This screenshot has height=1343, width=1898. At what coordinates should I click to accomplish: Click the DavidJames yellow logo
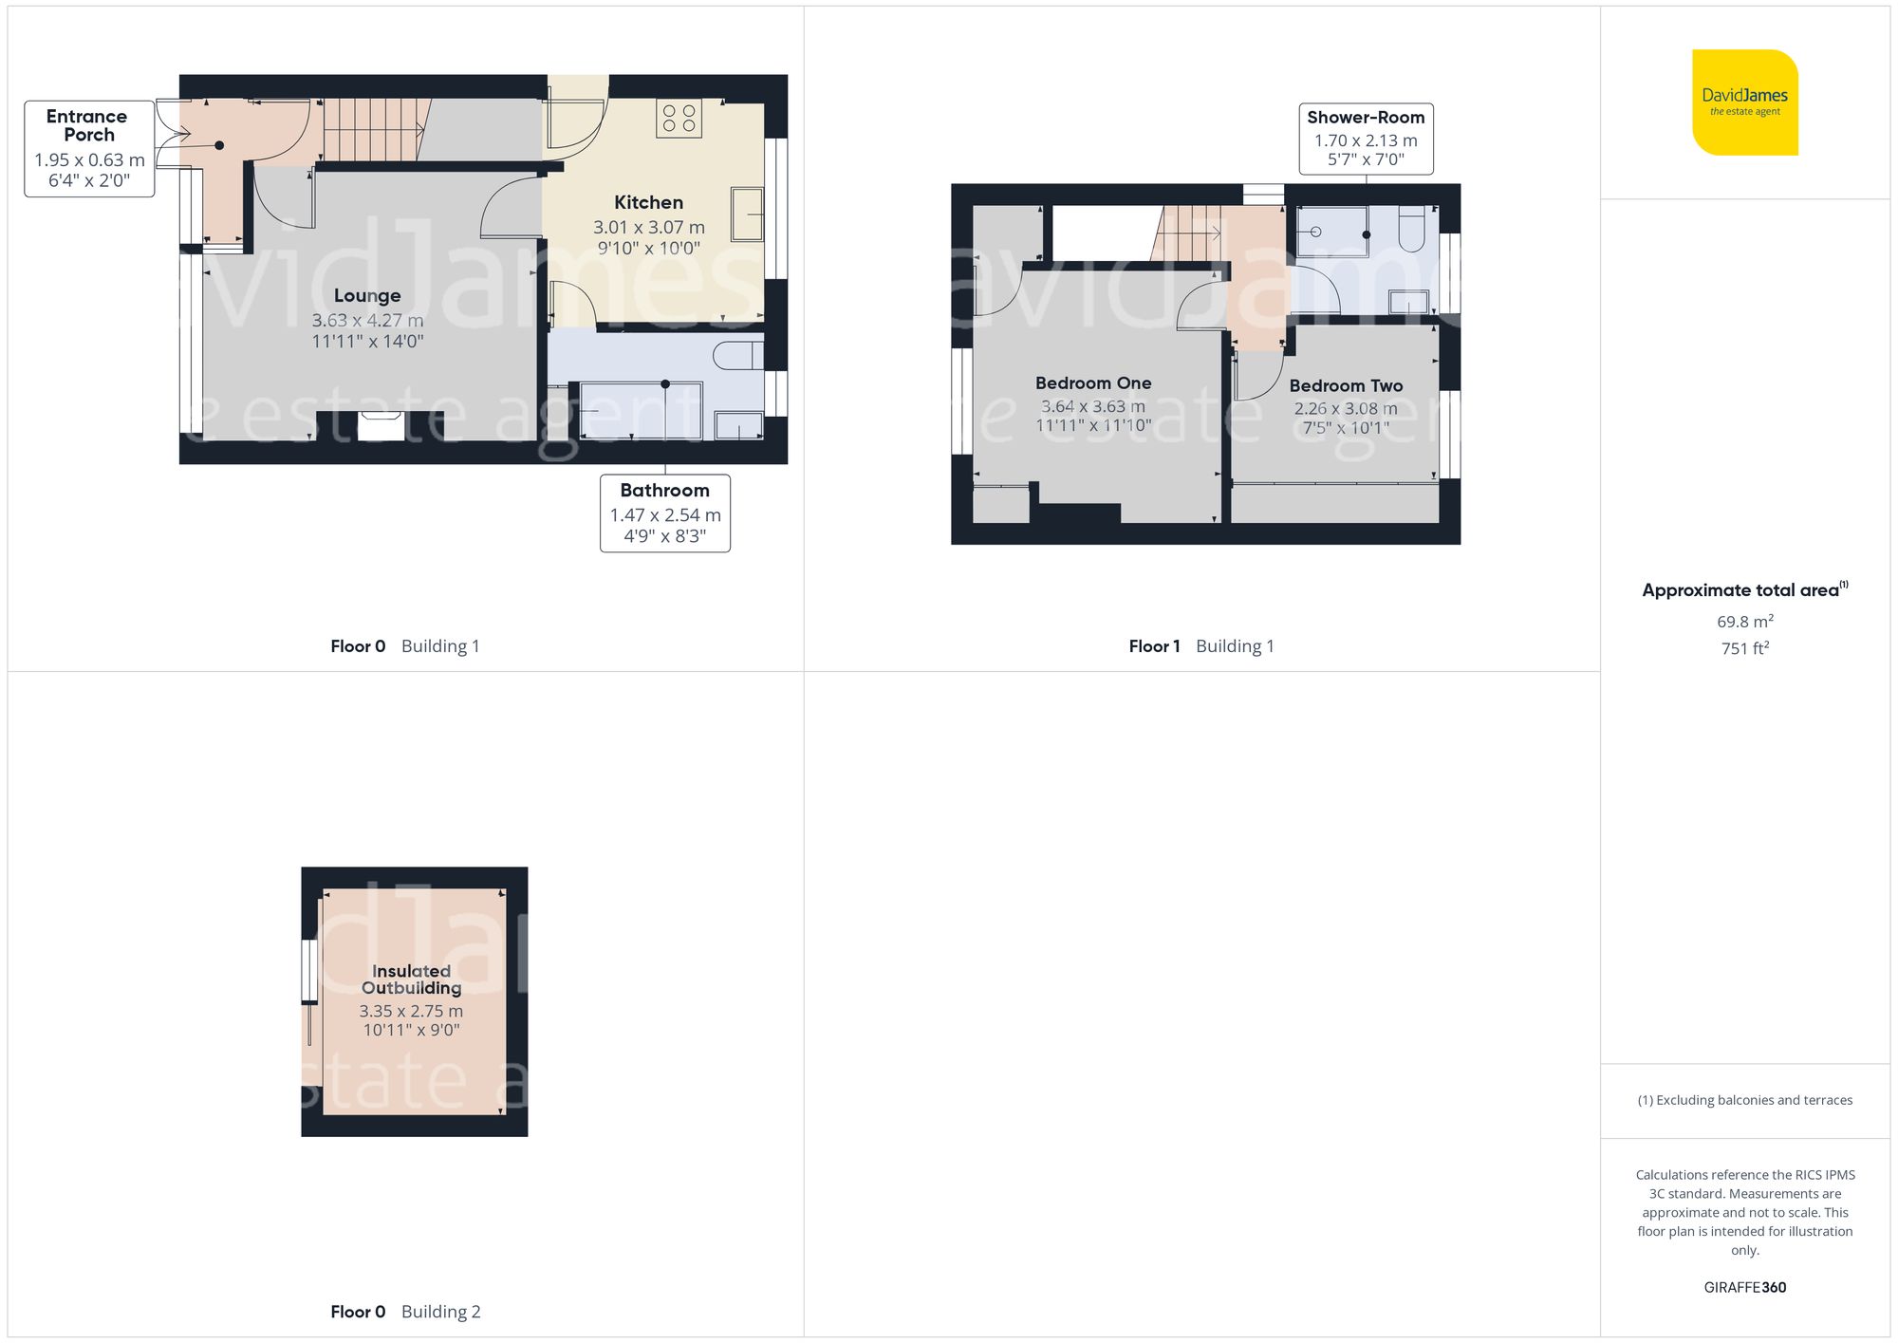point(1744,102)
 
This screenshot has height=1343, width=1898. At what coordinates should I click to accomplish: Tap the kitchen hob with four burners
point(679,119)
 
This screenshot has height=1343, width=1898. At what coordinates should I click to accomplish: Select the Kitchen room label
point(648,202)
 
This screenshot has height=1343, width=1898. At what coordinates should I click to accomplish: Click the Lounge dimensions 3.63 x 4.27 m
point(367,321)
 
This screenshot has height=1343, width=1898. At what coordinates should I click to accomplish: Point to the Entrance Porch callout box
point(89,148)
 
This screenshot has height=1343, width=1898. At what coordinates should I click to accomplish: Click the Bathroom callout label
point(664,513)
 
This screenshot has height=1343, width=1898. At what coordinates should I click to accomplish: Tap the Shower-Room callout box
point(1365,139)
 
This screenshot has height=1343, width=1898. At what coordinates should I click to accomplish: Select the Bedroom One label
point(1093,383)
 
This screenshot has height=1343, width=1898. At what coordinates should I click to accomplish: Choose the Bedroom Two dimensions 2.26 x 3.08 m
point(1346,409)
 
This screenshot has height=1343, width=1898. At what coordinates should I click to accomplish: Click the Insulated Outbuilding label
point(411,979)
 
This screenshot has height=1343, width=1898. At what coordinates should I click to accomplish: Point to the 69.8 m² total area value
point(1744,622)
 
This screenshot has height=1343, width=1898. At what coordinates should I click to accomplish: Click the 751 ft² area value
point(1744,648)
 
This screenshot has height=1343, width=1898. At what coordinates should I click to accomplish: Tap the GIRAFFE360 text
point(1744,1287)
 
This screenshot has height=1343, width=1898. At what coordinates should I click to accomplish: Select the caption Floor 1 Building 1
point(1200,646)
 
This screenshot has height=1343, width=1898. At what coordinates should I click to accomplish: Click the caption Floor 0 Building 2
point(405,1312)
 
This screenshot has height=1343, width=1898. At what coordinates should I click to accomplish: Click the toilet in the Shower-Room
point(1411,229)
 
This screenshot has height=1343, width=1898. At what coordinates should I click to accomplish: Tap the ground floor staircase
point(373,130)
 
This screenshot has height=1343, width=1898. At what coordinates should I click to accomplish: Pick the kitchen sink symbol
point(747,214)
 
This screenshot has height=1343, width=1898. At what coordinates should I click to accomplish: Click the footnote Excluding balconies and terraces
point(1744,1100)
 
